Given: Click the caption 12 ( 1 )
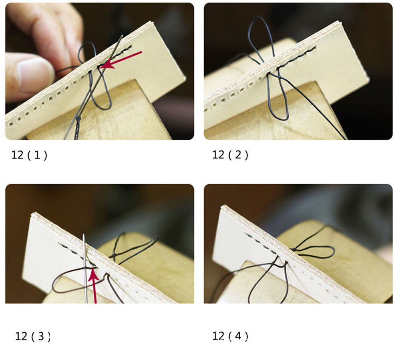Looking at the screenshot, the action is click(29, 155).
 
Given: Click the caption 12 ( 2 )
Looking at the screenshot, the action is click(230, 155).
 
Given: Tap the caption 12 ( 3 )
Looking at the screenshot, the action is click(33, 336).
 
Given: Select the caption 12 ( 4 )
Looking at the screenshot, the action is click(230, 336).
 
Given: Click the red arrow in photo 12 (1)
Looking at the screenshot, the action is click(121, 60).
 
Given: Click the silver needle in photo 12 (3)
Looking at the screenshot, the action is click(85, 268).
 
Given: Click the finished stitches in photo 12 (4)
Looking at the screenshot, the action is click(261, 243).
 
